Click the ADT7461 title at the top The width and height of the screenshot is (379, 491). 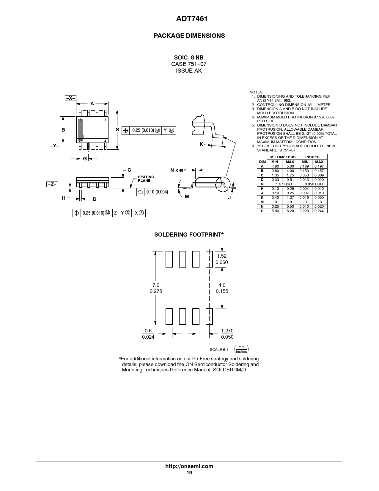tap(192, 18)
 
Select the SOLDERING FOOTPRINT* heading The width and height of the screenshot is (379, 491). tap(189, 234)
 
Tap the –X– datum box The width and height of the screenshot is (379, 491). tap(70, 98)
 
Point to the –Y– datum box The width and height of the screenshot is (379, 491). tap(54, 146)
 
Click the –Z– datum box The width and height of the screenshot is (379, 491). tap(52, 184)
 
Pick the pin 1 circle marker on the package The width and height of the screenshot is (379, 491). tap(80, 140)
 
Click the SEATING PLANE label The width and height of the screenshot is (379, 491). tap(146, 179)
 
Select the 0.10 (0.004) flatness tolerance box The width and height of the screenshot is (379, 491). tap(153, 192)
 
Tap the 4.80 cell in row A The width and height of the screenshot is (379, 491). tap(275, 166)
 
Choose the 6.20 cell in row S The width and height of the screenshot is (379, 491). tap(290, 211)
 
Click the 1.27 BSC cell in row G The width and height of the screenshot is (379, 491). tap(282, 184)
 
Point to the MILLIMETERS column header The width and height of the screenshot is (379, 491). tap(283, 157)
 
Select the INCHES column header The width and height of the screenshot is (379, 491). tap(312, 157)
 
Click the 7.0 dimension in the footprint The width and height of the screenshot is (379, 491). tap(156, 285)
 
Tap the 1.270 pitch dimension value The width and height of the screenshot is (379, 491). tap(227, 331)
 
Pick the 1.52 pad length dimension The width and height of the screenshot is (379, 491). tap(222, 256)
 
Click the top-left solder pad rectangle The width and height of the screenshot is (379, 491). tap(169, 259)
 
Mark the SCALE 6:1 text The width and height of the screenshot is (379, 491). tap(219, 350)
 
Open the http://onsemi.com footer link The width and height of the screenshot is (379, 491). tap(189, 466)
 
